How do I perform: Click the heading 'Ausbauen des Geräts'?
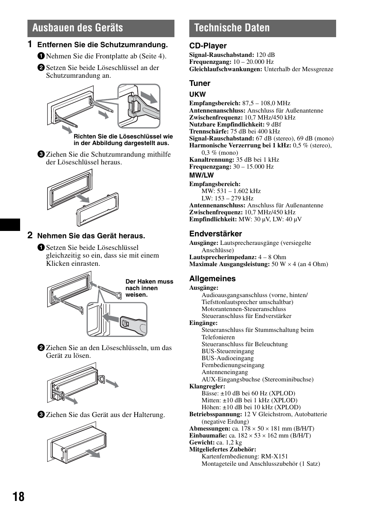[x=78, y=28]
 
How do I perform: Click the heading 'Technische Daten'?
[x=232, y=28]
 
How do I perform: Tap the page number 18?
[x=18, y=497]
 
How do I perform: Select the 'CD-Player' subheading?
[x=208, y=46]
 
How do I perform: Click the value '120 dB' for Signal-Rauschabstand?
[x=265, y=55]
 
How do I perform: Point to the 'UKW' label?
[x=197, y=94]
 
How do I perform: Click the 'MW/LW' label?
[x=201, y=175]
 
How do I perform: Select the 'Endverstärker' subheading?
[x=215, y=234]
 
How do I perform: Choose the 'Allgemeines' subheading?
[x=212, y=279]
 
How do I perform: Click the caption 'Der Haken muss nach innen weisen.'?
[x=149, y=288]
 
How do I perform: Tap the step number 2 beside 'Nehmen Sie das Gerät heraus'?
[x=30, y=235]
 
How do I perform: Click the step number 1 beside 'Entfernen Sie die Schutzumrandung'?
[x=30, y=44]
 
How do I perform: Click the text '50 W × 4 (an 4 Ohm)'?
[x=299, y=264]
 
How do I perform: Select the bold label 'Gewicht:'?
[x=202, y=443]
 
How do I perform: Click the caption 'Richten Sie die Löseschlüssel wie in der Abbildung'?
[x=123, y=140]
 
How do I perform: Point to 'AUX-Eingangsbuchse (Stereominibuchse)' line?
[x=257, y=379]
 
